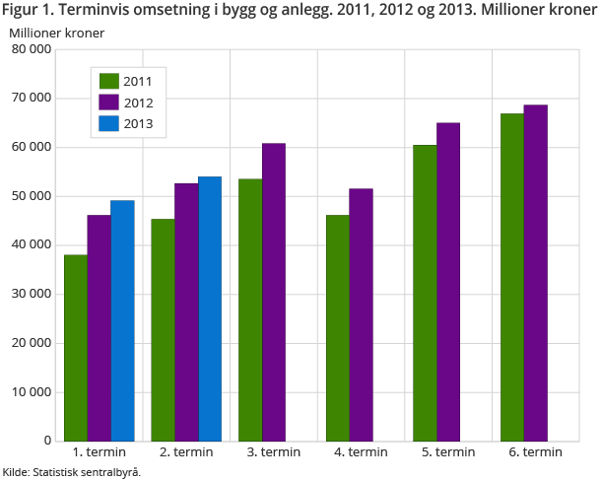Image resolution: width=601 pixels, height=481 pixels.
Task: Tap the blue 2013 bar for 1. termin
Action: pyautogui.click(x=122, y=320)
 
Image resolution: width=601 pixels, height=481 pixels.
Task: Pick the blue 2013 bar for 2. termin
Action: pyautogui.click(x=210, y=309)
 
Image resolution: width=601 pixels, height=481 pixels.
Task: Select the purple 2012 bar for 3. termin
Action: pyautogui.click(x=274, y=292)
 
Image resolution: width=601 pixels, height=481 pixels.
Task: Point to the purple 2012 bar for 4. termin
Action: pyautogui.click(x=362, y=314)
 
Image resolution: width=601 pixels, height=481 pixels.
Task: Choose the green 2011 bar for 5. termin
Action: pyautogui.click(x=425, y=293)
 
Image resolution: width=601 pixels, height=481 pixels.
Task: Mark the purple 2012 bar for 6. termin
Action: pyautogui.click(x=536, y=273)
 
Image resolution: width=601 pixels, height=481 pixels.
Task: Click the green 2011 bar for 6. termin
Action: pyautogui.click(x=512, y=277)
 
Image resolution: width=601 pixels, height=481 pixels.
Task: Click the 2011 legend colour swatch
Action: pyautogui.click(x=108, y=81)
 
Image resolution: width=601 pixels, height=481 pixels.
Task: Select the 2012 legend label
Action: pyautogui.click(x=139, y=103)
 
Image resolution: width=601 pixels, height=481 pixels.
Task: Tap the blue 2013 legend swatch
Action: pyautogui.click(x=108, y=124)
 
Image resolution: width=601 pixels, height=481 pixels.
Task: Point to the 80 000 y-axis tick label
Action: pyautogui.click(x=30, y=49)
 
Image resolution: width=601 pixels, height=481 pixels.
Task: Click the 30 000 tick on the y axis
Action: pyautogui.click(x=30, y=294)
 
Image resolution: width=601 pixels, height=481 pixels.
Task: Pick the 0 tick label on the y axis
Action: pyautogui.click(x=47, y=441)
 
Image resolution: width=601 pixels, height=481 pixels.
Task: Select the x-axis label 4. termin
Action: pyautogui.click(x=361, y=452)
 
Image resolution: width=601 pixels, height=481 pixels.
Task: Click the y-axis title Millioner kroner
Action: pyautogui.click(x=57, y=33)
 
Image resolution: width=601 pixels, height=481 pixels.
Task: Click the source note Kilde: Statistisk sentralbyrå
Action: pyautogui.click(x=72, y=472)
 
